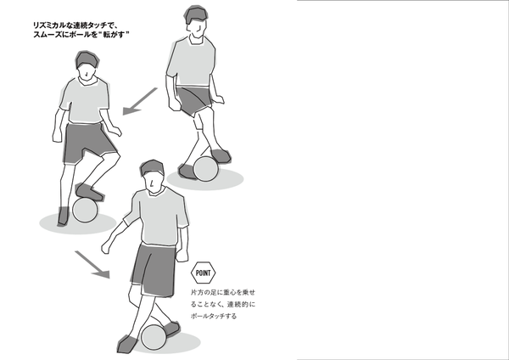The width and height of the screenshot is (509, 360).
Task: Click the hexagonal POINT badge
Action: coord(204,273)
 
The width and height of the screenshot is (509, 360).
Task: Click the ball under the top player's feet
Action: coord(206,169)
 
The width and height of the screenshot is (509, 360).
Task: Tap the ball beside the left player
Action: coord(85,210)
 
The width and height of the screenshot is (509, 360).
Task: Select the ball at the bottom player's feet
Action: coord(154,337)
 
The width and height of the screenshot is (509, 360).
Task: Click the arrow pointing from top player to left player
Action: coord(140,101)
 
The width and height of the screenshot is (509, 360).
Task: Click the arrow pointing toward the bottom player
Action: coord(92,264)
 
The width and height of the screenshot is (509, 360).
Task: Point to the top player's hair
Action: coord(196,14)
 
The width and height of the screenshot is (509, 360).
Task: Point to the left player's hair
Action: coord(87,59)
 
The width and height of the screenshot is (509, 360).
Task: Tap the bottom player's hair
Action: coord(152,167)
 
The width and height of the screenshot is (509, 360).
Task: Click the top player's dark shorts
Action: coord(194,100)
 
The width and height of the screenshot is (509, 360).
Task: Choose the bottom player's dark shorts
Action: coord(154,270)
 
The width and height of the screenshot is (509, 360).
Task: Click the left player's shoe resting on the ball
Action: coord(89,193)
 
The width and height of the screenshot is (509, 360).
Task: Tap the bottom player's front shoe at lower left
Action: coord(127,345)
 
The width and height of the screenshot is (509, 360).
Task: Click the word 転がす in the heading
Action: coord(114,35)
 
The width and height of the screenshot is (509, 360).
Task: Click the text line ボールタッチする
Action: coord(214,316)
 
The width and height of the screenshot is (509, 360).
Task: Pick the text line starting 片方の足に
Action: coord(222,292)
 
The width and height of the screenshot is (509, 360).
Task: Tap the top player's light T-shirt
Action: coord(193,62)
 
